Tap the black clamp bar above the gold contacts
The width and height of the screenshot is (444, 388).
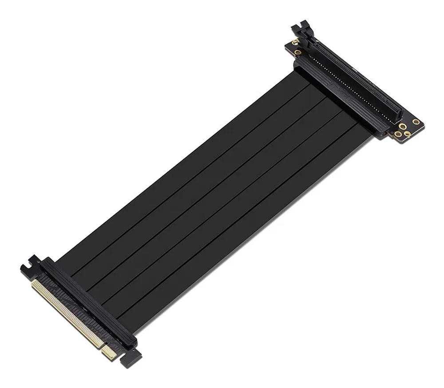[89, 302]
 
